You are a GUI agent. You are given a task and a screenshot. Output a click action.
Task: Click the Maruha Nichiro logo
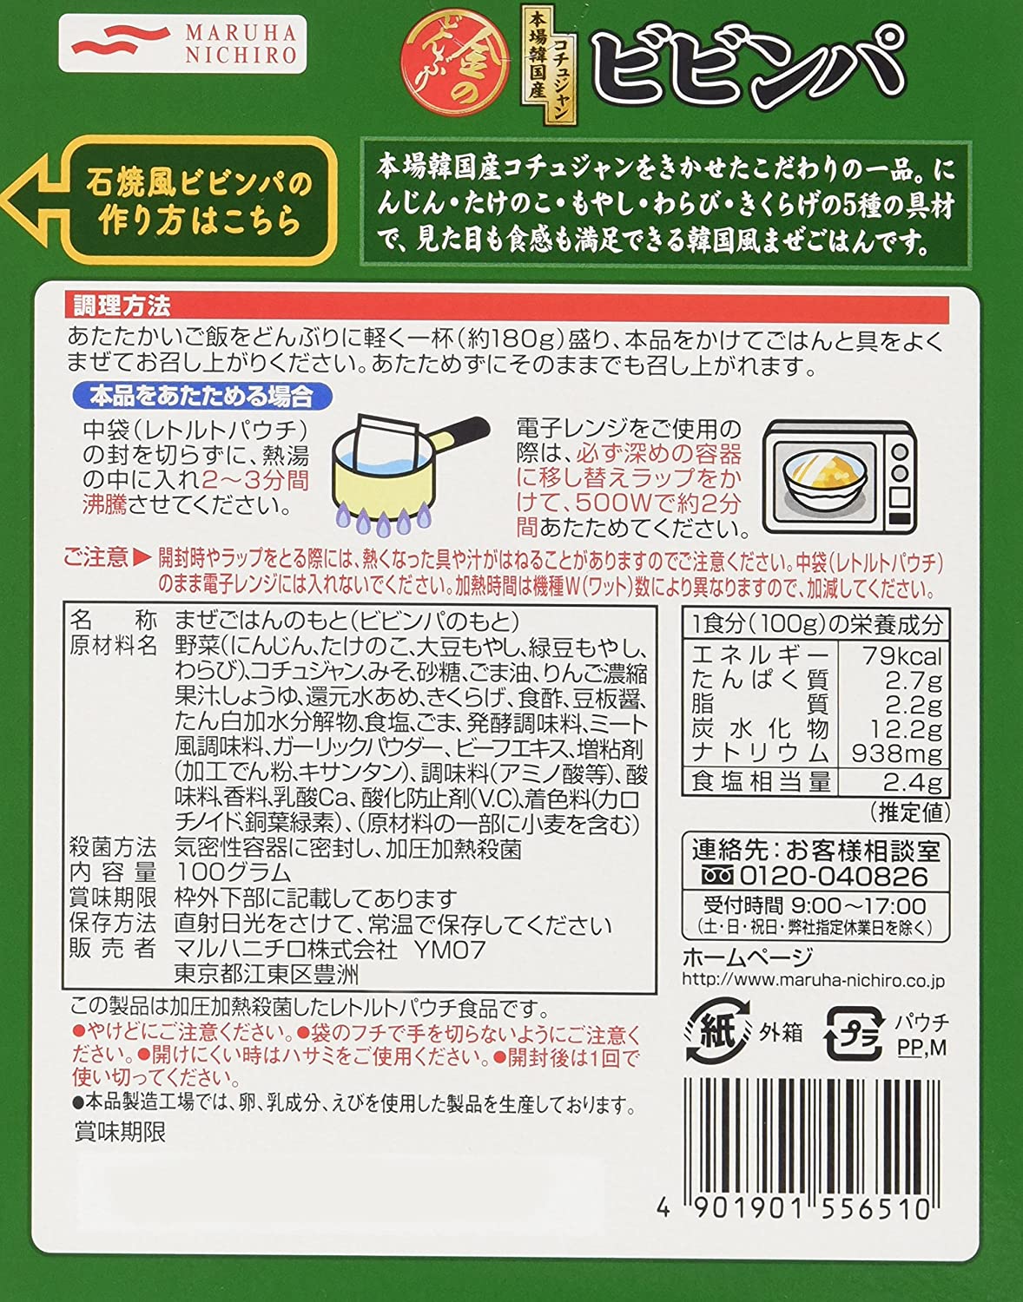(x=182, y=43)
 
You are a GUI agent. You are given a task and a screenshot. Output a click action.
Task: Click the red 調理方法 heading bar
(x=506, y=306)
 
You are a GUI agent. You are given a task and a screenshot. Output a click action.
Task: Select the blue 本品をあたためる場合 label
(x=202, y=397)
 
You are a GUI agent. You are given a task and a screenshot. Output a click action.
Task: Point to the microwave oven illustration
(x=839, y=476)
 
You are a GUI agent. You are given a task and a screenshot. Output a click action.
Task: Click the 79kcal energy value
(x=902, y=657)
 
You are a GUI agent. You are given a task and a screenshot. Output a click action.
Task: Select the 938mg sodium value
(x=896, y=753)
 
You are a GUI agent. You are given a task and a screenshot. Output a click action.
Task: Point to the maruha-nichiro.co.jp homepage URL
(x=813, y=981)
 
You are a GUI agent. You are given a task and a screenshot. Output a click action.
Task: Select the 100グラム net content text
(x=233, y=871)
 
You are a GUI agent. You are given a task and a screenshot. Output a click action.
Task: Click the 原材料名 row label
(x=113, y=646)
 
